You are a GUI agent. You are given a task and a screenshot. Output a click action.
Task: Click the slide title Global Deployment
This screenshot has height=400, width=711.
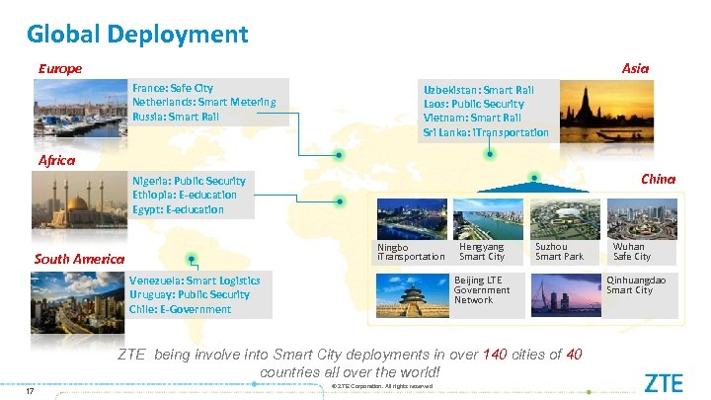pyautogui.click(x=137, y=35)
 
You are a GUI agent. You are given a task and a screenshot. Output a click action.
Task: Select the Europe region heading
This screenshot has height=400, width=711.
pyautogui.click(x=59, y=68)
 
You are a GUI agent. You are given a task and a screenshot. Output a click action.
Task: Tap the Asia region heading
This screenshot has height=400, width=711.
pyautogui.click(x=635, y=68)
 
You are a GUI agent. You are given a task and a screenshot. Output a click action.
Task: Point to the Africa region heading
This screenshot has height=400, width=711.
pyautogui.click(x=55, y=160)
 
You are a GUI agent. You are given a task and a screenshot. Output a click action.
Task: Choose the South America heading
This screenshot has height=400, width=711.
pyautogui.click(x=78, y=259)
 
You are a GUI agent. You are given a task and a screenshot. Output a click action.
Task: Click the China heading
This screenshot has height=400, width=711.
pyautogui.click(x=658, y=179)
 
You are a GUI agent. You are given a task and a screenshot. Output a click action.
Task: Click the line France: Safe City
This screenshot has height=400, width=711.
pyautogui.click(x=171, y=88)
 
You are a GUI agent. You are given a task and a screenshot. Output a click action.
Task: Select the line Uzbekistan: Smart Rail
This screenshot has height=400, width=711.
pyautogui.click(x=478, y=89)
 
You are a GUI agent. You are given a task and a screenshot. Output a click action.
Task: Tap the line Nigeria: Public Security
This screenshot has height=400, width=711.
pyautogui.click(x=189, y=181)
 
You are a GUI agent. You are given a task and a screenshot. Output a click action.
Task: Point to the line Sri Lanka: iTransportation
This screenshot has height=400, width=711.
pyautogui.click(x=485, y=132)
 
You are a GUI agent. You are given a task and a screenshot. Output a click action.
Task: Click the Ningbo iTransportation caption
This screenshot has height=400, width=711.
pyautogui.click(x=411, y=252)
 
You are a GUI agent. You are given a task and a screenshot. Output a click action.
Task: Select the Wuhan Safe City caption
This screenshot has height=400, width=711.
pyautogui.click(x=631, y=251)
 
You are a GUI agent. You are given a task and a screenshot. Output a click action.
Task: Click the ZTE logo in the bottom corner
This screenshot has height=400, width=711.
pyautogui.click(x=663, y=382)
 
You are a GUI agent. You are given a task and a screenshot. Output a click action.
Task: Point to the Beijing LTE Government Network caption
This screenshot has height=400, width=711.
pyautogui.click(x=482, y=290)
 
